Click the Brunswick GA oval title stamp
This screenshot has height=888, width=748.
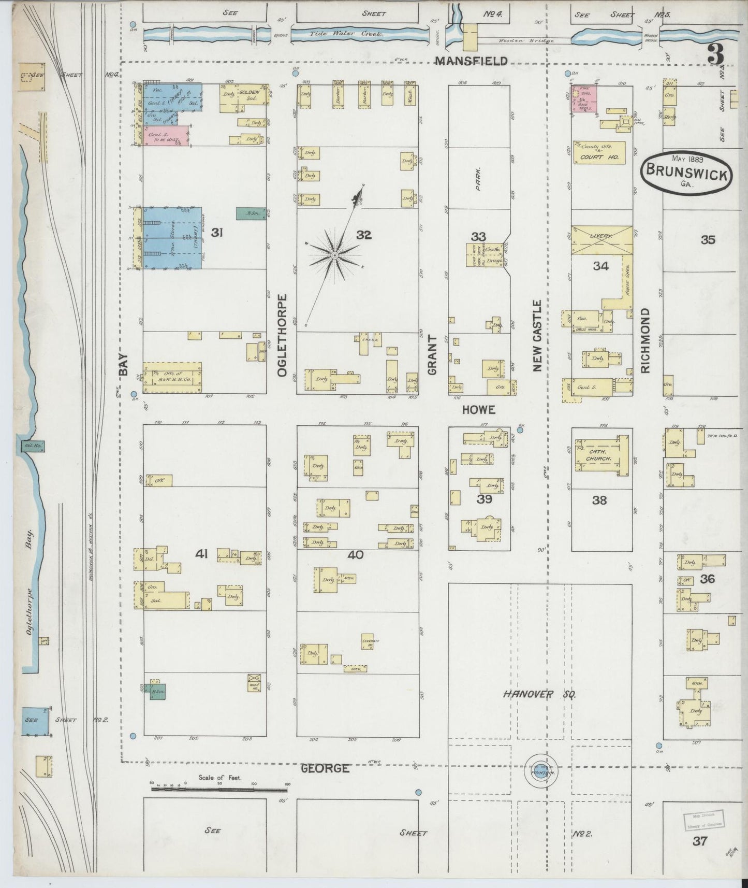point(685,174)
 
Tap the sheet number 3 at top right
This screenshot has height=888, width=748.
point(716,53)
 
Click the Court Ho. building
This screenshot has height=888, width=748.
point(598,152)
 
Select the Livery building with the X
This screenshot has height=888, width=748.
point(602,239)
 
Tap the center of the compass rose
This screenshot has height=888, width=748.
point(335,255)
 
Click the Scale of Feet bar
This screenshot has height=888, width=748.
point(220,789)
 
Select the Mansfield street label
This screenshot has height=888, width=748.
point(471,61)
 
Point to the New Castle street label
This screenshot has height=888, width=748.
point(537,335)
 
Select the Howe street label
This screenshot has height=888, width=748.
point(478,409)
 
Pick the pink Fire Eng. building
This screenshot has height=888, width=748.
point(584,98)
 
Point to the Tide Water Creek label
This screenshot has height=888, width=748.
point(346,34)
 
